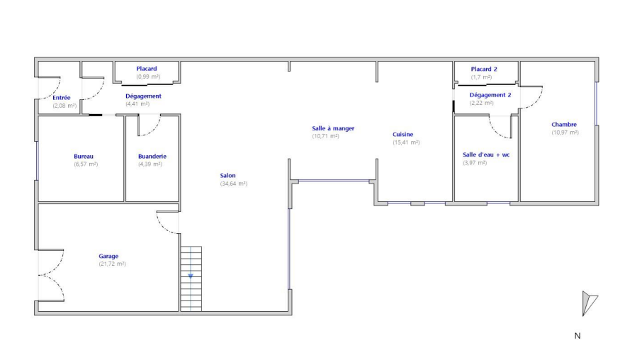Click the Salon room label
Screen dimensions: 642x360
[x=227, y=176]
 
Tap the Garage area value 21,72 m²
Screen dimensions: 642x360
[x=112, y=264]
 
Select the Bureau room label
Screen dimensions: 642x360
[x=84, y=157]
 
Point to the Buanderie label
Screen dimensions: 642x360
[x=152, y=157]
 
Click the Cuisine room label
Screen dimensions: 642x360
[x=403, y=135]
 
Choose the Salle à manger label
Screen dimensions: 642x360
[x=333, y=128]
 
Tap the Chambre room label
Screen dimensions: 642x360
[x=564, y=125]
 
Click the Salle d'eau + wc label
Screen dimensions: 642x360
[x=486, y=154]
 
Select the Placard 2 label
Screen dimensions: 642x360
[x=484, y=69]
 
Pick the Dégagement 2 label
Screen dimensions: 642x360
[x=490, y=95]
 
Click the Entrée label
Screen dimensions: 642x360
[x=62, y=98]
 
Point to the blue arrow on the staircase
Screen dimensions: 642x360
[x=191, y=277]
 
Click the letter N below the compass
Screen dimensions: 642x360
[x=578, y=336]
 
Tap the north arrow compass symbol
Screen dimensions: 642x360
[x=589, y=303]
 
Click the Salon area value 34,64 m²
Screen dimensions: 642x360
[x=234, y=184]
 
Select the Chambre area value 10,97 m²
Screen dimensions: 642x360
[x=565, y=133]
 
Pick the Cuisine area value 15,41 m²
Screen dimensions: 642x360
[x=406, y=142]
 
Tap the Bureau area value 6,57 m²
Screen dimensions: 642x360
[x=86, y=164]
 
